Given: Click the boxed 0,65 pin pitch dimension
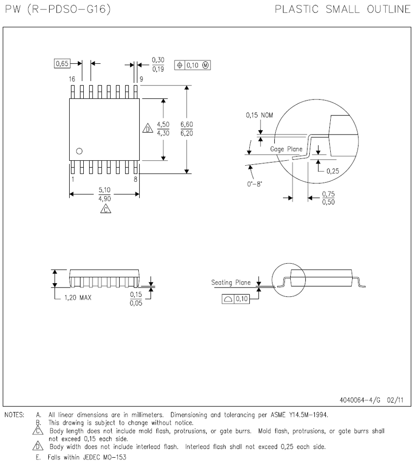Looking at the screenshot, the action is click(x=62, y=63).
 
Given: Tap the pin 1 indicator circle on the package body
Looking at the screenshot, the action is click(x=79, y=151).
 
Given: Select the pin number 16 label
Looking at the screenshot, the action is click(x=72, y=79).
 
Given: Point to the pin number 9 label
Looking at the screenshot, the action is click(x=141, y=79).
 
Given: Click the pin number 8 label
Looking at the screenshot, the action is click(x=135, y=179).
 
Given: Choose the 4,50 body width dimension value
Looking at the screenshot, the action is click(x=163, y=125).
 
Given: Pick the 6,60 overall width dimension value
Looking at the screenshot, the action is click(x=187, y=125).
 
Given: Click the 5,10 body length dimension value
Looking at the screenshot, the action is click(x=105, y=190).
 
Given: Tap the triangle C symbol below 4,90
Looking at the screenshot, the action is click(x=106, y=209).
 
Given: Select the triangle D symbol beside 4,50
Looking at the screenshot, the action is click(x=148, y=128).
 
